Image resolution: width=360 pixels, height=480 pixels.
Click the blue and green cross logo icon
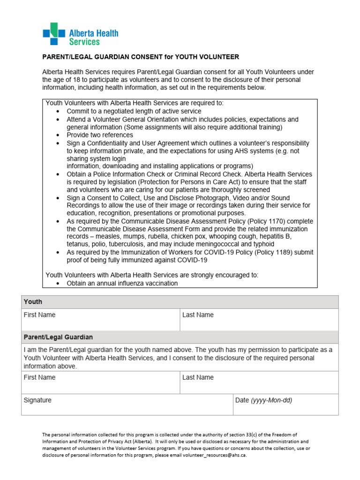[53, 34]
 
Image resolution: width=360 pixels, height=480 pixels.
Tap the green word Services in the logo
[84, 42]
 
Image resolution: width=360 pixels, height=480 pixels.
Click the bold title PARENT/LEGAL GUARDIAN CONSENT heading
[141, 57]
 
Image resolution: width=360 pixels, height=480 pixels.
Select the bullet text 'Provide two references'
[100, 135]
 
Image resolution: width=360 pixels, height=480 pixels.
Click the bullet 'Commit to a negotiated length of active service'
[134, 111]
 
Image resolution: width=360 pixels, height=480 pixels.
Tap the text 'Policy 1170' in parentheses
[275, 221]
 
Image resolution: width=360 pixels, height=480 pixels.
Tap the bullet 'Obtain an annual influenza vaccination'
[122, 283]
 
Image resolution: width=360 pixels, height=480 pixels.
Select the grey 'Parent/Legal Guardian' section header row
[180, 337]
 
